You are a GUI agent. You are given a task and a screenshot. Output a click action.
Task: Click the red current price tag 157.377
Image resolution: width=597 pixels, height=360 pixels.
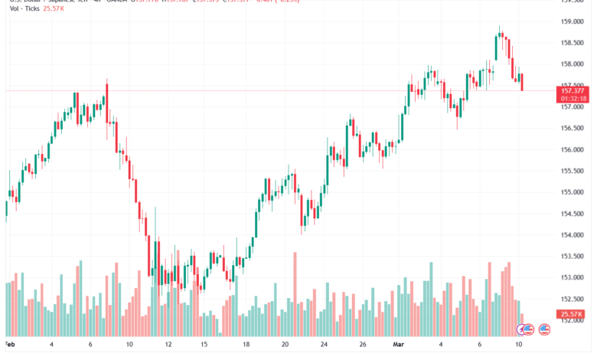click(x=573, y=90)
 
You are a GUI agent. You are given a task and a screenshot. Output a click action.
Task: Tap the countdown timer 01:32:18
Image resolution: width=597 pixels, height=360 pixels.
click(x=573, y=98)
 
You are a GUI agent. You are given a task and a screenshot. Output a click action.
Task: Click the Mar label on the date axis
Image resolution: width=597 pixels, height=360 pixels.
click(x=398, y=345)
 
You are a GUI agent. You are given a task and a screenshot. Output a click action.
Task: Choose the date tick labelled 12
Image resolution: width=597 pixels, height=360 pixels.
click(x=168, y=345)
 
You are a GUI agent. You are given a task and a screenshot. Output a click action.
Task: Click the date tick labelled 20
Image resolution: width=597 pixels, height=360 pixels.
click(x=285, y=345)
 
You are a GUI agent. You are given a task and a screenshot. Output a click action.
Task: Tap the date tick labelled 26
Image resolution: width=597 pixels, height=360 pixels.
click(x=363, y=345)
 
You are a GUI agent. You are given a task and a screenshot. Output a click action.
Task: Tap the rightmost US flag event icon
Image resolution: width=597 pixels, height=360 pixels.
click(x=545, y=329)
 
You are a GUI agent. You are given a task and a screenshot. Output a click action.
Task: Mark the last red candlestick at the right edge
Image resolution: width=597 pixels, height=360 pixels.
click(x=522, y=83)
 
